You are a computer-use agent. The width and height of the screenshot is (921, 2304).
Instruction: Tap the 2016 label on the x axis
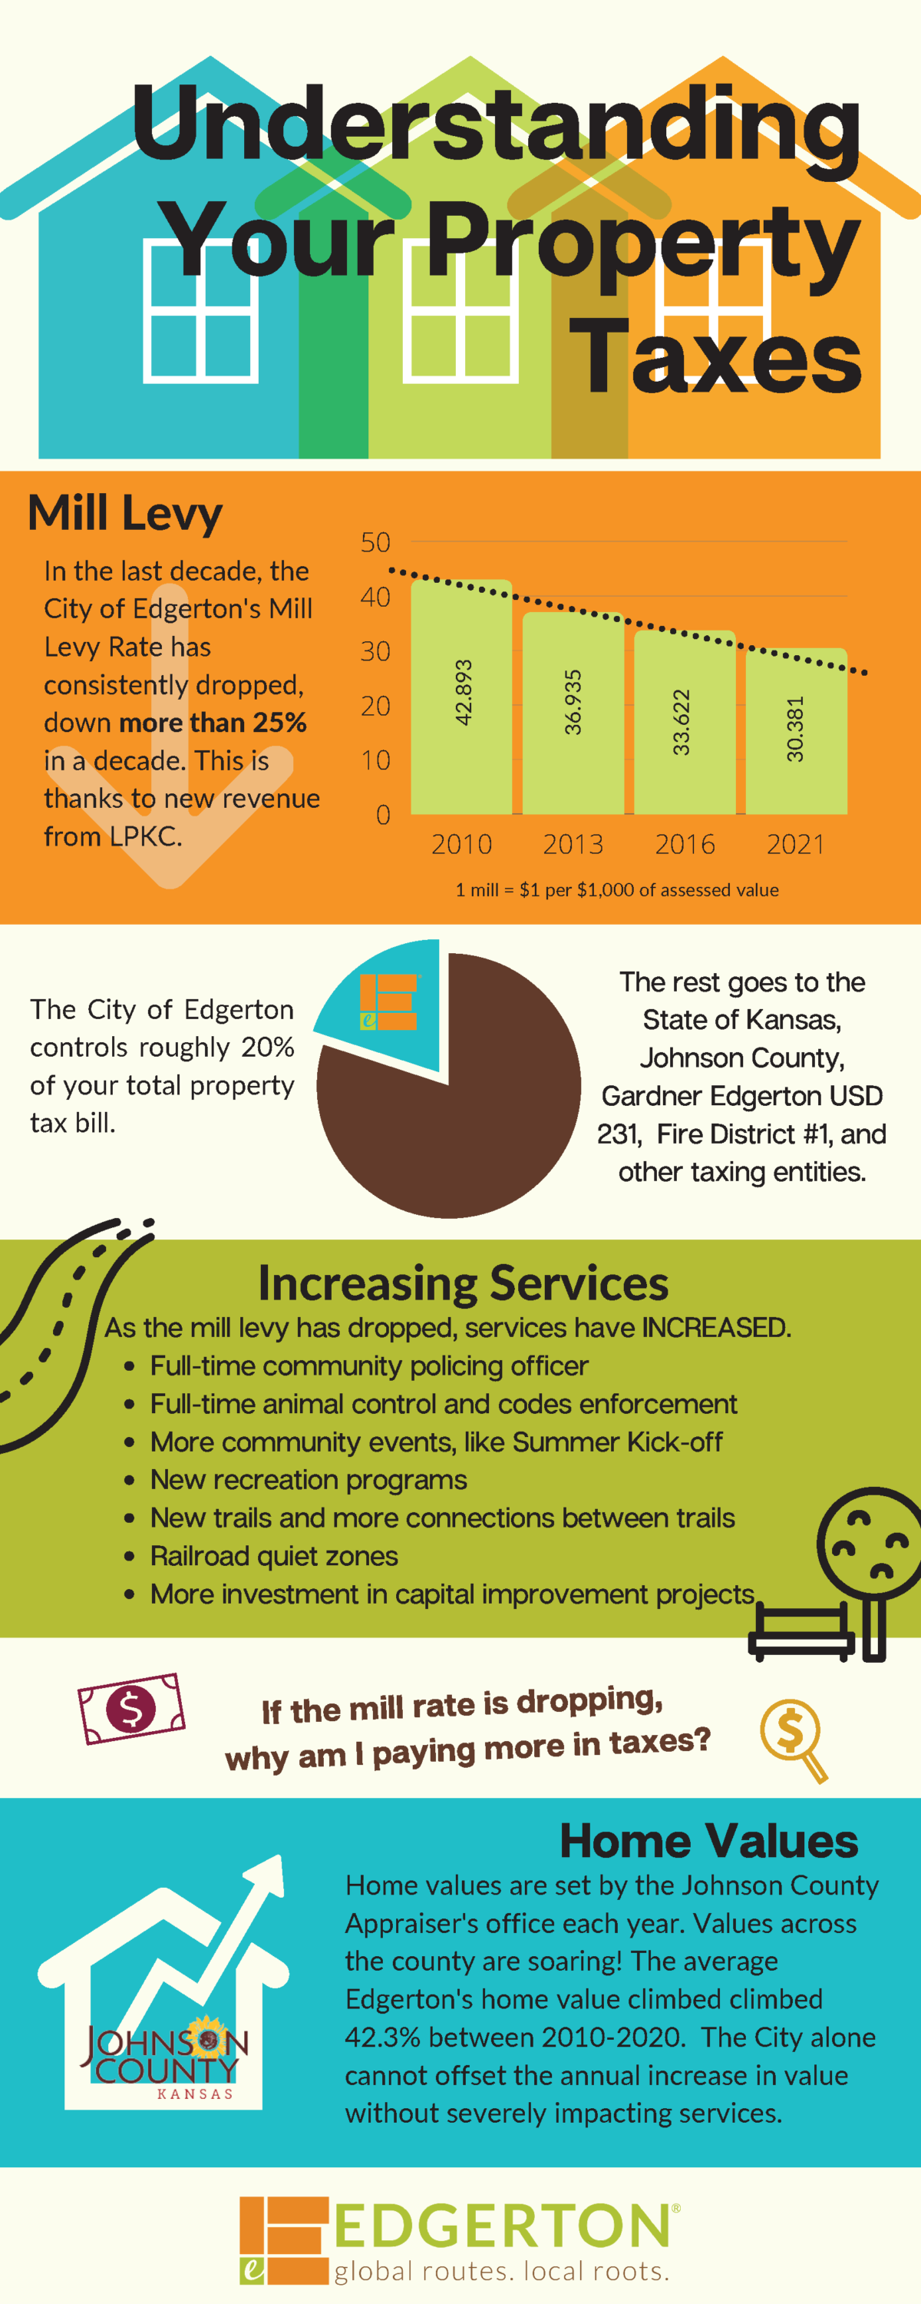click(685, 844)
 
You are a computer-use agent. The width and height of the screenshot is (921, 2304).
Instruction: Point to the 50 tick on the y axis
click(375, 542)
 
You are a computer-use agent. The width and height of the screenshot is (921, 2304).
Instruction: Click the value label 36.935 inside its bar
click(573, 703)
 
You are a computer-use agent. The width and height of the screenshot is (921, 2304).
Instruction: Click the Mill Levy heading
click(125, 513)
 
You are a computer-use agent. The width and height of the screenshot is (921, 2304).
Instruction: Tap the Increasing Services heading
click(462, 1283)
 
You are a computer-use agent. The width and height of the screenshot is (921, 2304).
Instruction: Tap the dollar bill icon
click(131, 1708)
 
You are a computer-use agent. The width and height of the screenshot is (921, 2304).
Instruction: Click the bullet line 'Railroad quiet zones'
click(274, 1556)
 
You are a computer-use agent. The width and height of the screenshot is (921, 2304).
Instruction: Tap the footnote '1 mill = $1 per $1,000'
click(617, 890)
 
